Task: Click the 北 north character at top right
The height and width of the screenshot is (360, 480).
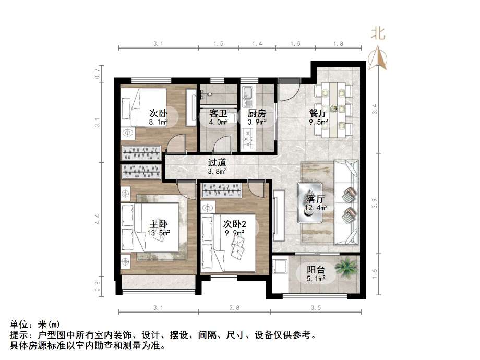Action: [x=378, y=33]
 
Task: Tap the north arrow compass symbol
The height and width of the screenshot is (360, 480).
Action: [x=377, y=58]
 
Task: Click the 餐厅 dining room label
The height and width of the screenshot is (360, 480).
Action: [x=318, y=113]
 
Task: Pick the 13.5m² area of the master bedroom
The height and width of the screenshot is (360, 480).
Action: [x=160, y=233]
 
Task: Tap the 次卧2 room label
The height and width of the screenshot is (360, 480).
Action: [x=234, y=224]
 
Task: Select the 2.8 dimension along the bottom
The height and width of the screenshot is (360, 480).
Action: [x=234, y=308]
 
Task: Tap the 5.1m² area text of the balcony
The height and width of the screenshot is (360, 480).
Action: [x=316, y=279]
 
